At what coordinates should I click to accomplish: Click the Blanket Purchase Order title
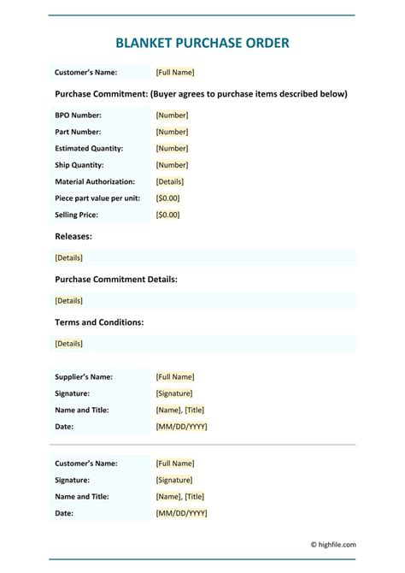coord(202,42)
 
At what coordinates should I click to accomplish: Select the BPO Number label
coord(78,115)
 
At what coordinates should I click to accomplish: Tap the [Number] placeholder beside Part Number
coord(172,132)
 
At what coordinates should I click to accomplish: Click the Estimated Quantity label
coord(89,148)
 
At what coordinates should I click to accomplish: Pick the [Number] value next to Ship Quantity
coord(172,165)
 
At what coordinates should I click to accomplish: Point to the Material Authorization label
coord(95,181)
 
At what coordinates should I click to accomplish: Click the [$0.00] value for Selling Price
coord(168,215)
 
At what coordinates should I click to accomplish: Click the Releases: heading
coord(73,236)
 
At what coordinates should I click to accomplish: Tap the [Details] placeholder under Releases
coord(68,257)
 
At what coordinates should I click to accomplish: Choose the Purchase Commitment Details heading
coord(116,280)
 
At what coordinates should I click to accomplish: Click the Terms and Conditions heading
coord(99,322)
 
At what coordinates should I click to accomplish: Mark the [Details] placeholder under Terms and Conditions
coord(68,344)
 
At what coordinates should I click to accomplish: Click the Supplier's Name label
coord(84,376)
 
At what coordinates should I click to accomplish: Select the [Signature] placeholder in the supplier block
coord(174,393)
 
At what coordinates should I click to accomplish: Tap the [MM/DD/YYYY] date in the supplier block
coord(181,426)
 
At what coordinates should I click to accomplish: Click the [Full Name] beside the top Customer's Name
coord(175,73)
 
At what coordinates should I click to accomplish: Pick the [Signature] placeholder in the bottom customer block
coord(174,480)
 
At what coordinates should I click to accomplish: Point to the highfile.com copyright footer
coord(332,544)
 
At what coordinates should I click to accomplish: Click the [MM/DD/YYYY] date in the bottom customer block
coord(181,513)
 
